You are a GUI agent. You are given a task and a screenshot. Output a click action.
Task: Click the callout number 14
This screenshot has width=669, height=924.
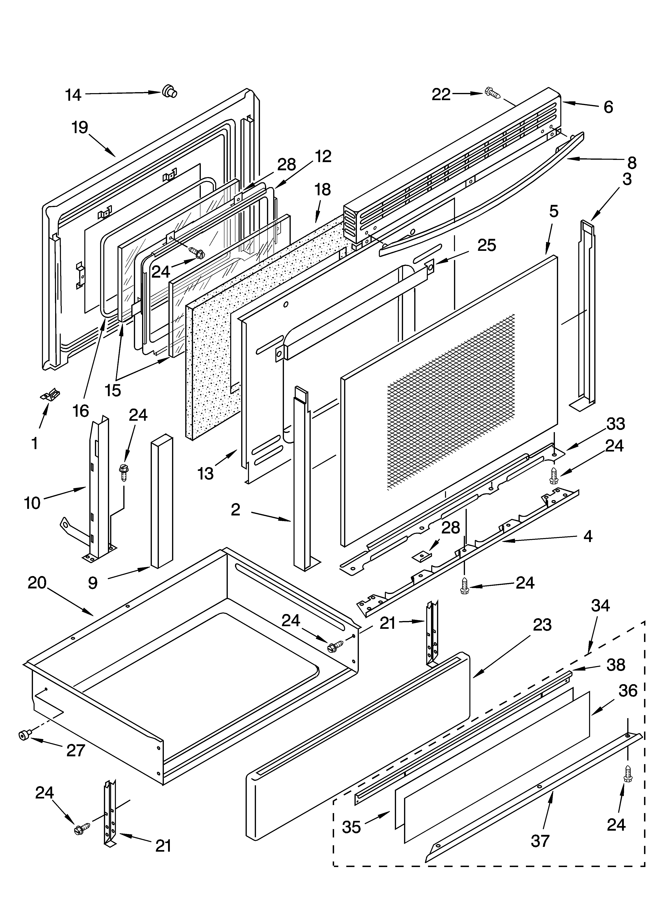point(73,95)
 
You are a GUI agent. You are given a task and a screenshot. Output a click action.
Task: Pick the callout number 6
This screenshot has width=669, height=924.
point(608,107)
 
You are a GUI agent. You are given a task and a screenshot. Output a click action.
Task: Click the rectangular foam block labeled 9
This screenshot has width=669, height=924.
point(162,501)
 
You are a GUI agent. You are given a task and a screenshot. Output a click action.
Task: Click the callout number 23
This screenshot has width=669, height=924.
point(542,625)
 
